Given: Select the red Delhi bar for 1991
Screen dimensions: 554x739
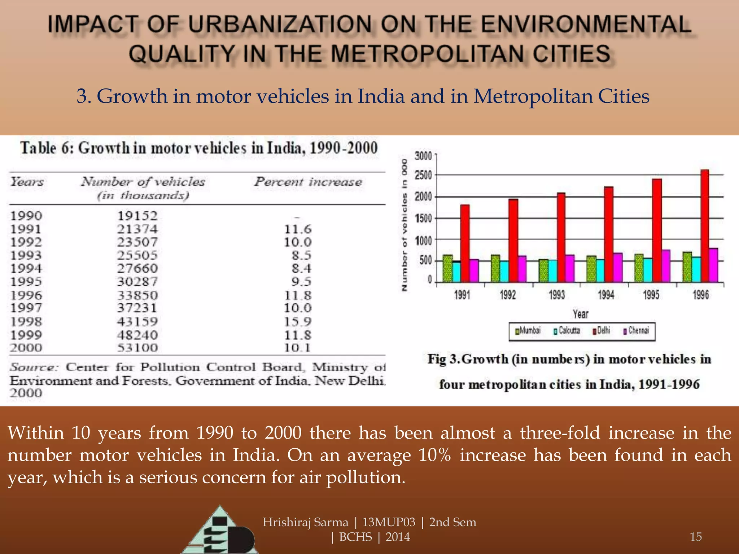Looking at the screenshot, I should (x=465, y=243).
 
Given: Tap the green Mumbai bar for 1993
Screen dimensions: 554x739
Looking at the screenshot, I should (x=543, y=271).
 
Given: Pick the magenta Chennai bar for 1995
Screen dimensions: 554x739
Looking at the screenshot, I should (x=666, y=266).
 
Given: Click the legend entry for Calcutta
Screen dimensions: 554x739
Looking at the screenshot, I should (x=567, y=330).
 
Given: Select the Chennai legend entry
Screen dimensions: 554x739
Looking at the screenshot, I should (x=637, y=330).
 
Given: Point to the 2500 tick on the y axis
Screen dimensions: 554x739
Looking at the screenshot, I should (x=423, y=176).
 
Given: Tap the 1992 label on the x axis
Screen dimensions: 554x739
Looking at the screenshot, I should (x=508, y=295).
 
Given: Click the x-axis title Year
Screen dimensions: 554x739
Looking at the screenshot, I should (x=581, y=314).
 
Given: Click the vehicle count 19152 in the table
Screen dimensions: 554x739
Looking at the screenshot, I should (x=137, y=216).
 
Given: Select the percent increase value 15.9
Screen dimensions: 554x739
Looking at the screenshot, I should (x=298, y=321).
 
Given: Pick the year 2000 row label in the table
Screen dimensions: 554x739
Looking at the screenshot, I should (x=26, y=348).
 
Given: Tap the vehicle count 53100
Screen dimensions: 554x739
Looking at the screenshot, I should (x=137, y=348).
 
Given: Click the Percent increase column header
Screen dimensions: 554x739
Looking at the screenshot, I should (x=308, y=182).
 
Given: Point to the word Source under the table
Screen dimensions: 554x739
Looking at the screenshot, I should (x=34, y=367).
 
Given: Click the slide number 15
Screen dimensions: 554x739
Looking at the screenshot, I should (x=695, y=537).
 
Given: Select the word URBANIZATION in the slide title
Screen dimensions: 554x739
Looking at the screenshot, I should (x=280, y=25).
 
